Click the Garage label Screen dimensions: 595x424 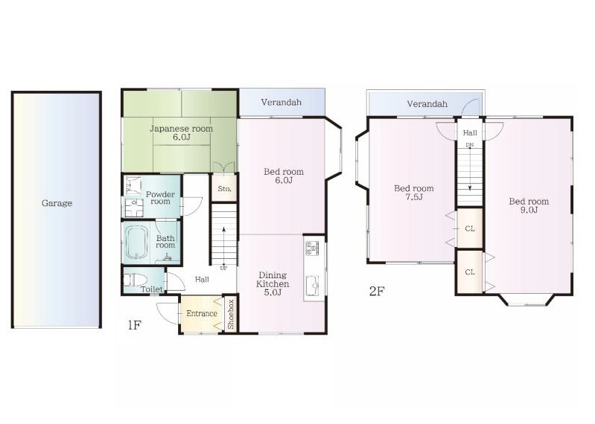pyautogui.click(x=57, y=203)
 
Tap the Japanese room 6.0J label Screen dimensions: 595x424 pyautogui.click(x=182, y=132)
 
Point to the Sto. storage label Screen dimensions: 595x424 pyautogui.click(x=224, y=188)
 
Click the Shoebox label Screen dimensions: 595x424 pyautogui.click(x=230, y=314)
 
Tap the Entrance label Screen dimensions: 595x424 pyautogui.click(x=202, y=313)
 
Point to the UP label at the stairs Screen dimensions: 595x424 pyautogui.click(x=223, y=269)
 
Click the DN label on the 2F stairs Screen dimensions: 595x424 pyautogui.click(x=470, y=145)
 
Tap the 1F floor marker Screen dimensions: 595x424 pyautogui.click(x=134, y=325)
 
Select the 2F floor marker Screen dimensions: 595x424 pyautogui.click(x=377, y=292)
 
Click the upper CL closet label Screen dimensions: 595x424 pyautogui.click(x=470, y=228)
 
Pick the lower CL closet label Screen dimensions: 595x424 pyautogui.click(x=470, y=272)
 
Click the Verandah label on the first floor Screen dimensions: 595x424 pyautogui.click(x=281, y=102)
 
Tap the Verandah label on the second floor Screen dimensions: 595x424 pyautogui.click(x=427, y=103)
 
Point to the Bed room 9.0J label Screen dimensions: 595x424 pyautogui.click(x=529, y=205)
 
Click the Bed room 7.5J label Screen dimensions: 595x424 pyautogui.click(x=413, y=193)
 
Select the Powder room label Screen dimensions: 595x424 pyautogui.click(x=160, y=198)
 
